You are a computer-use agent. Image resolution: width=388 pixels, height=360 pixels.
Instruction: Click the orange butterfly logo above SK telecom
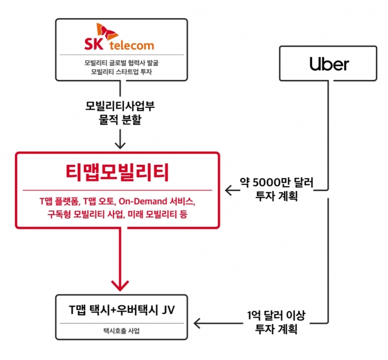(107, 31)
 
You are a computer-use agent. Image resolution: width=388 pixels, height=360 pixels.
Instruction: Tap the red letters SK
(94, 44)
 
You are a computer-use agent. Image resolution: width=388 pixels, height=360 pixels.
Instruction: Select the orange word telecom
(132, 45)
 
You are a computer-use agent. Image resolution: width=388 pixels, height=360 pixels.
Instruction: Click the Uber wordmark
(329, 64)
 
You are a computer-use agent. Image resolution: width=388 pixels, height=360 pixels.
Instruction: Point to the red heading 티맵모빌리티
(118, 172)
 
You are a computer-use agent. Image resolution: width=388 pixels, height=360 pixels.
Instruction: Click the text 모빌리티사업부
(120, 106)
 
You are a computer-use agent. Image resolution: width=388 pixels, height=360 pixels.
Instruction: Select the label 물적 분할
(120, 119)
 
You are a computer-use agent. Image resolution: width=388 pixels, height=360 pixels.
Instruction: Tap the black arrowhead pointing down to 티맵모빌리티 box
(120, 145)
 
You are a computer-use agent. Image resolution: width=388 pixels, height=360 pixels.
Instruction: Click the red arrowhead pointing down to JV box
(120, 286)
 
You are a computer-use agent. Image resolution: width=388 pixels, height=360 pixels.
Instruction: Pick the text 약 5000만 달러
(276, 183)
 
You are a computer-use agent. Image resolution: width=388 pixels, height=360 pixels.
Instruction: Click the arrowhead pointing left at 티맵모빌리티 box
(229, 190)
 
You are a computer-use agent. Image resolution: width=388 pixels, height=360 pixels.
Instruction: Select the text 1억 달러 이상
(276, 315)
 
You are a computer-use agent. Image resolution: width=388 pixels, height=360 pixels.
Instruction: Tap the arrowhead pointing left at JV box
(197, 323)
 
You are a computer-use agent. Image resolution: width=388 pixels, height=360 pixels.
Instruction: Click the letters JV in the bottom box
(168, 310)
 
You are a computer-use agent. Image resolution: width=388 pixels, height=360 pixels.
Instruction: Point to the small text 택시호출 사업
(121, 331)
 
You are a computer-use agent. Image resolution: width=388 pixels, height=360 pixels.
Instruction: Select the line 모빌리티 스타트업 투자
(121, 72)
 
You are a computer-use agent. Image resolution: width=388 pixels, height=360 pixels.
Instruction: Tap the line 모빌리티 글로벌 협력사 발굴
(121, 63)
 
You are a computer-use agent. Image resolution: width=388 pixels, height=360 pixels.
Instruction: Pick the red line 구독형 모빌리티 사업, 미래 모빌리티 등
(118, 215)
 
